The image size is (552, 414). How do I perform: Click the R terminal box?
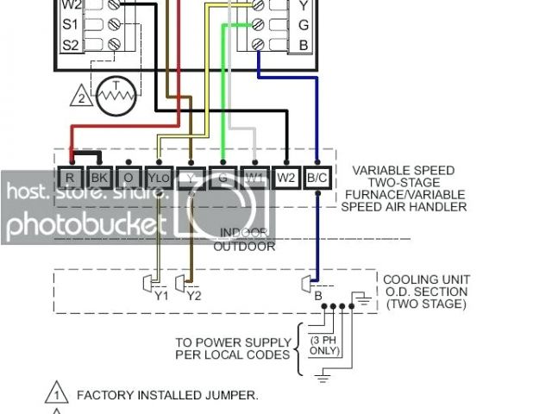(x=70, y=179)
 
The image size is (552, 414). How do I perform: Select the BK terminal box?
(x=98, y=179)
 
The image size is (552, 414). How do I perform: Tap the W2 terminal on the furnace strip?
(x=286, y=179)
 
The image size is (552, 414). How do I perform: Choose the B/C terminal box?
(x=317, y=179)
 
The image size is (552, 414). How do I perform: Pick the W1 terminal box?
(x=254, y=179)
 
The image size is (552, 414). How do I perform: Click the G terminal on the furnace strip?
(x=223, y=179)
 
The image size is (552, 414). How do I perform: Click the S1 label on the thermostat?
(x=71, y=23)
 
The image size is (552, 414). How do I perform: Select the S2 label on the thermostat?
(x=71, y=44)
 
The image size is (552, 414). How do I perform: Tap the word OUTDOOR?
(x=244, y=247)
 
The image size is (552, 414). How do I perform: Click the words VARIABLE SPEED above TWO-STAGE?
(x=404, y=171)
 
